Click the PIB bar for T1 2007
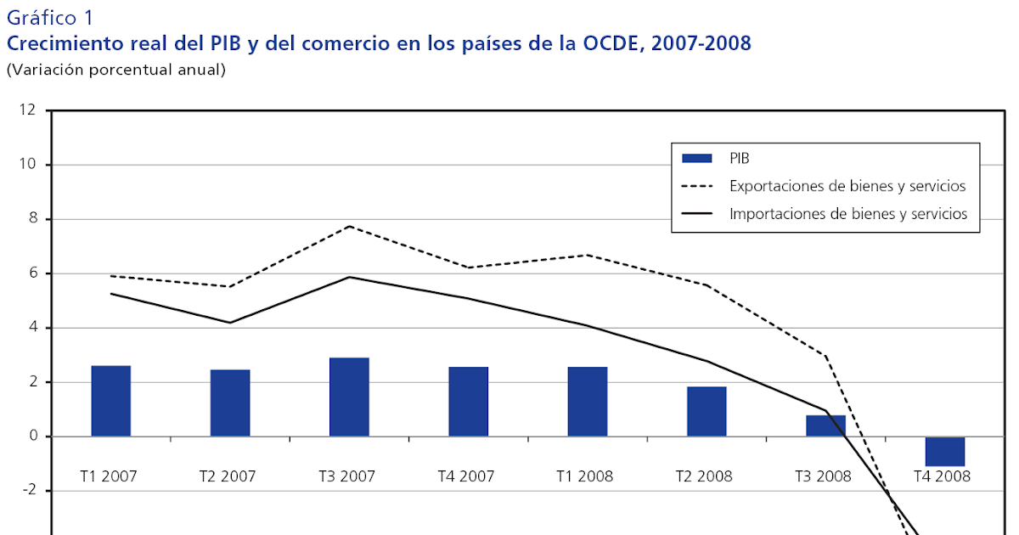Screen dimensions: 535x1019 [x=110, y=401]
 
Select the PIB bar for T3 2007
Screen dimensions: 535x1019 [x=349, y=397]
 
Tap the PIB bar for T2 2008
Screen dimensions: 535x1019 [x=707, y=412]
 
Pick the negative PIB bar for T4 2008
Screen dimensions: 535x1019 [x=944, y=451]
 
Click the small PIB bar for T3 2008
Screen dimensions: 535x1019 [x=825, y=425]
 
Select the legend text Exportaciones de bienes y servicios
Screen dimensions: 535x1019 [x=847, y=186]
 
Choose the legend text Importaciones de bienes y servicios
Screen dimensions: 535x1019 [x=847, y=214]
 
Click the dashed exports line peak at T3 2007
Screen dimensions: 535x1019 [x=349, y=226]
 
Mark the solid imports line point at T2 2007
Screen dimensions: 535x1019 [x=230, y=323]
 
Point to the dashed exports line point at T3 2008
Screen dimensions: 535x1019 [x=825, y=356]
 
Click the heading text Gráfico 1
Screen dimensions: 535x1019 [x=50, y=17]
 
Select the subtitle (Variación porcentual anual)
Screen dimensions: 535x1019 [x=116, y=70]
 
